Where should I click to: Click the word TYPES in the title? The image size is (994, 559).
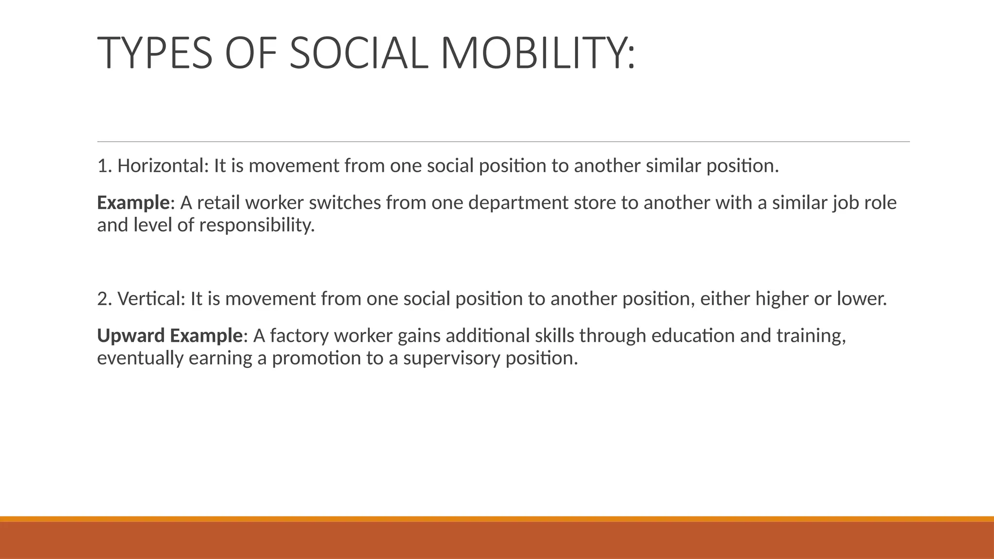click(155, 53)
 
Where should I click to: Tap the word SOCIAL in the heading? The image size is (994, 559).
click(359, 53)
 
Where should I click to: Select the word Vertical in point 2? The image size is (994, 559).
click(151, 298)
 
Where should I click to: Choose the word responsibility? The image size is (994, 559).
click(257, 225)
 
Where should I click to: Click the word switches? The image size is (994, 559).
click(345, 202)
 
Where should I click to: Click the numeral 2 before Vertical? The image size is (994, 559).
click(102, 298)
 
